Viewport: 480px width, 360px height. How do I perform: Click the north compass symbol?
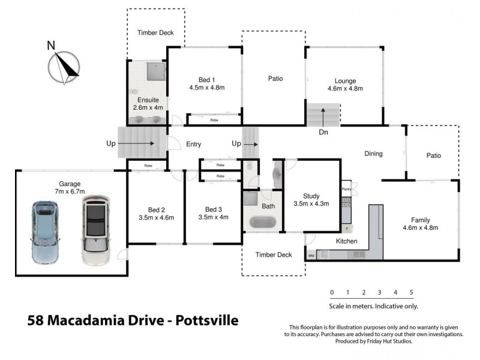click(64, 66)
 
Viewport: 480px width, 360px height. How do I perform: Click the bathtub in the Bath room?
click(262, 221)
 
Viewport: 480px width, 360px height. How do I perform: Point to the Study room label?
click(311, 196)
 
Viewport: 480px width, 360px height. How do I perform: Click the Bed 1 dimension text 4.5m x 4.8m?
click(206, 88)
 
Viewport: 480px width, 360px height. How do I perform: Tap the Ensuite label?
click(147, 100)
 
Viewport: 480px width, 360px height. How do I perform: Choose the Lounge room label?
click(345, 81)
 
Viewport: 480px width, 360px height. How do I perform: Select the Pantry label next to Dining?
click(346, 190)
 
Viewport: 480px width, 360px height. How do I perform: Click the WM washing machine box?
click(311, 256)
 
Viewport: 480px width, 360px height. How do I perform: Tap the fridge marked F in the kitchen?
click(346, 229)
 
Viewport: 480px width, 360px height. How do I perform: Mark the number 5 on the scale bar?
click(411, 293)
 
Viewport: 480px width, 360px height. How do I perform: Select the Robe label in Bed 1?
click(214, 120)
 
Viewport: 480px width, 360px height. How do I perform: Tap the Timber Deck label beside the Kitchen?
click(273, 255)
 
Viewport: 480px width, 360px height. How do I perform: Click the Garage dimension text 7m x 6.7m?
click(70, 192)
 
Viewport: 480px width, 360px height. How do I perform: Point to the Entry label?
click(193, 145)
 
